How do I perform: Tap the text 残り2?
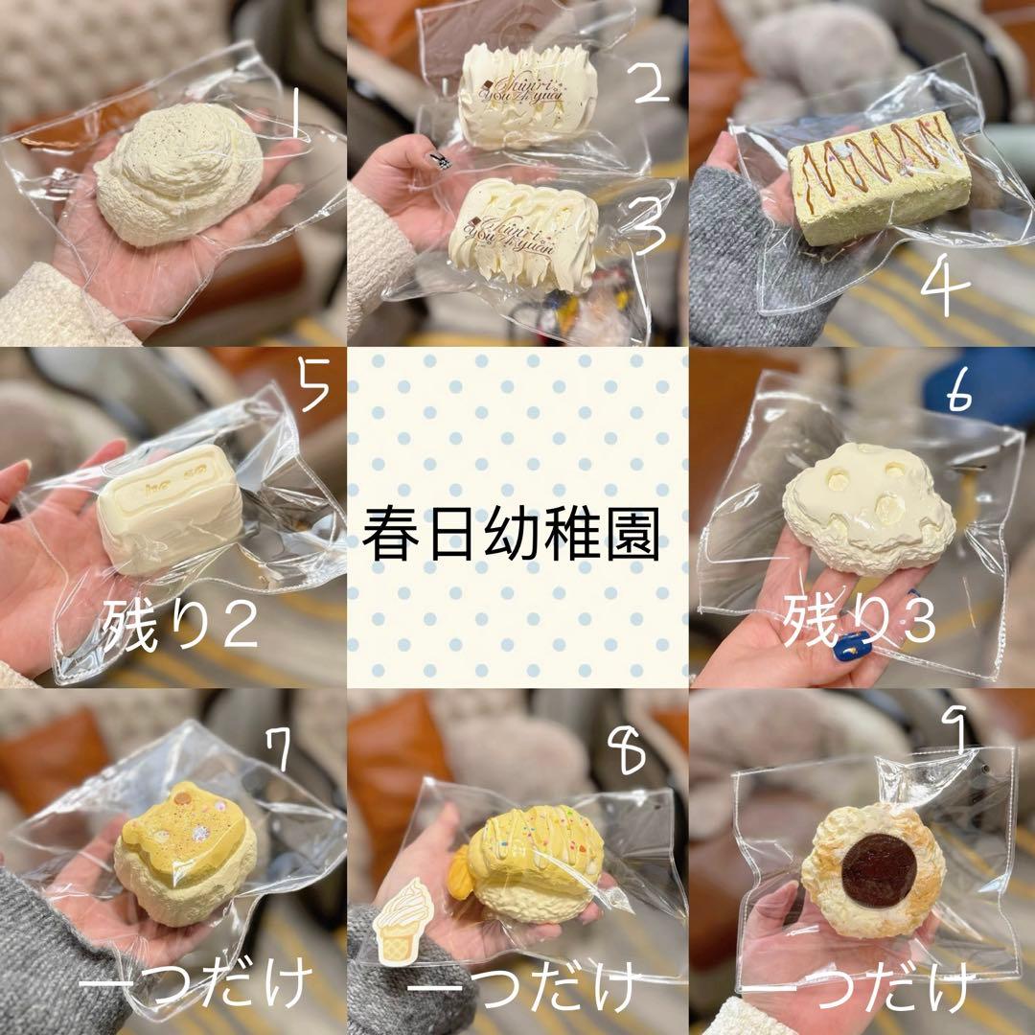coord(179,625)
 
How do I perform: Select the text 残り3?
coord(859,625)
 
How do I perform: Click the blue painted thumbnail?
coord(851,646)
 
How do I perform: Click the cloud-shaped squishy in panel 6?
coord(868,503)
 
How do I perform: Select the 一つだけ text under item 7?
coord(196,987)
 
